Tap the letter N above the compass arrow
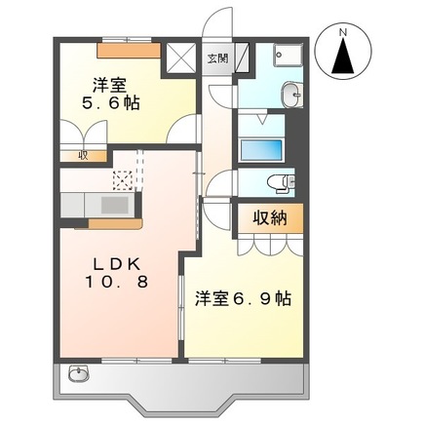(x=342, y=31)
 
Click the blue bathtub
(x=259, y=151)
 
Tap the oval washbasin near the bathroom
(x=289, y=94)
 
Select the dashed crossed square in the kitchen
(x=125, y=179)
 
